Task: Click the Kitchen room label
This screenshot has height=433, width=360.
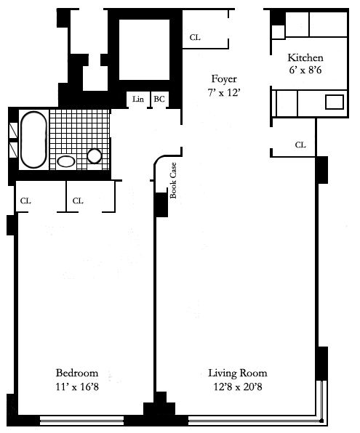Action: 305,57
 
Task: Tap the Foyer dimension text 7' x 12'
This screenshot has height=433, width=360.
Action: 223,92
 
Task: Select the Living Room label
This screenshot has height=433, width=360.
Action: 238,373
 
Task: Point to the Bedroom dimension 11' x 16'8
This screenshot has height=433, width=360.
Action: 77,387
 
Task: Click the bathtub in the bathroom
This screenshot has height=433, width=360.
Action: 33,139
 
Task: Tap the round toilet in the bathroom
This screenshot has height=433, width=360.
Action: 95,156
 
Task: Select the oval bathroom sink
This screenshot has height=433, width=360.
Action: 65,161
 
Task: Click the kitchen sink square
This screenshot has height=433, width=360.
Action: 335,102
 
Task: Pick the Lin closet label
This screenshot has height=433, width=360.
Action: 138,99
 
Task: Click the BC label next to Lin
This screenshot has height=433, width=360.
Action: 159,99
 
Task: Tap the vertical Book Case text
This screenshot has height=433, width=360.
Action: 173,180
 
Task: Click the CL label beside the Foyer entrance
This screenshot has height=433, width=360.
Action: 195,37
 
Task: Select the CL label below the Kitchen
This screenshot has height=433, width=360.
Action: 300,145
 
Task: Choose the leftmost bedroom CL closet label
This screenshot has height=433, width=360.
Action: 25,201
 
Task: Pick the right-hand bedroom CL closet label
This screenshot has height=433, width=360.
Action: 78,201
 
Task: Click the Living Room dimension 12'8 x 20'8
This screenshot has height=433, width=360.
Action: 238,387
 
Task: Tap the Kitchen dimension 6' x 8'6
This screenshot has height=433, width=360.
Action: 305,70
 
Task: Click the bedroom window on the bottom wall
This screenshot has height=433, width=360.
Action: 81,421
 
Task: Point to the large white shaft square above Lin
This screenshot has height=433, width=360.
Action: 144,49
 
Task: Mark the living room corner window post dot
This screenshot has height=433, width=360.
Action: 321,421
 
